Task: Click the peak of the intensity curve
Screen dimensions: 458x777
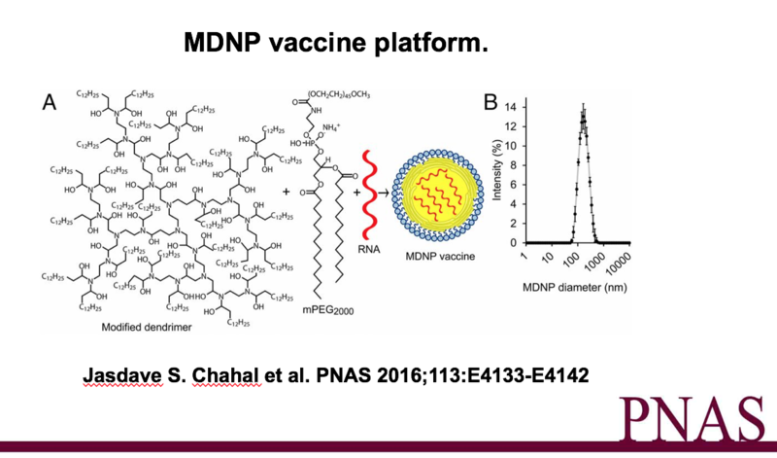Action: click(583, 113)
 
